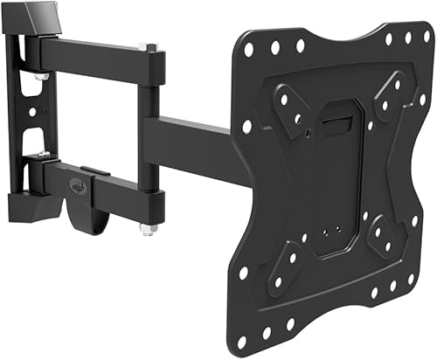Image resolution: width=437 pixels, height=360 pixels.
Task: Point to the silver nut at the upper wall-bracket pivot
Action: tap(41, 79)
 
